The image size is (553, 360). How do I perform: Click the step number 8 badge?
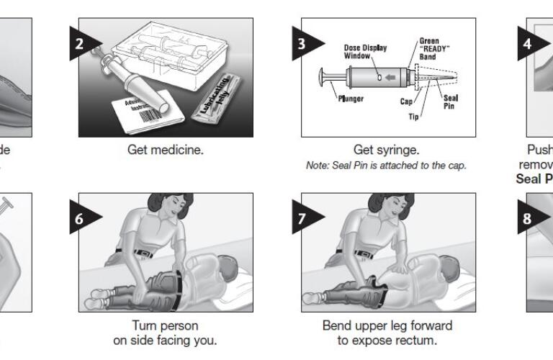pyautogui.click(x=526, y=218)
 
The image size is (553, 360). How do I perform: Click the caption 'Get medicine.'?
pyautogui.click(x=165, y=150)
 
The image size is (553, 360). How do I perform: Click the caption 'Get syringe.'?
pyautogui.click(x=386, y=150)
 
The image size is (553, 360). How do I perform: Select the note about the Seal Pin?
pyautogui.click(x=387, y=166)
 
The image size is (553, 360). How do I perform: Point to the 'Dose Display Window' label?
pyautogui.click(x=365, y=52)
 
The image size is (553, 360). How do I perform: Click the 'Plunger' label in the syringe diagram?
pyautogui.click(x=351, y=99)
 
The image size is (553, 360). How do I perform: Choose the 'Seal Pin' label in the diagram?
pyautogui.click(x=451, y=102)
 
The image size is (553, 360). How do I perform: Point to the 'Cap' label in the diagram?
pyautogui.click(x=407, y=102)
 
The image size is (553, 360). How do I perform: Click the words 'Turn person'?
pyautogui.click(x=165, y=326)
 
